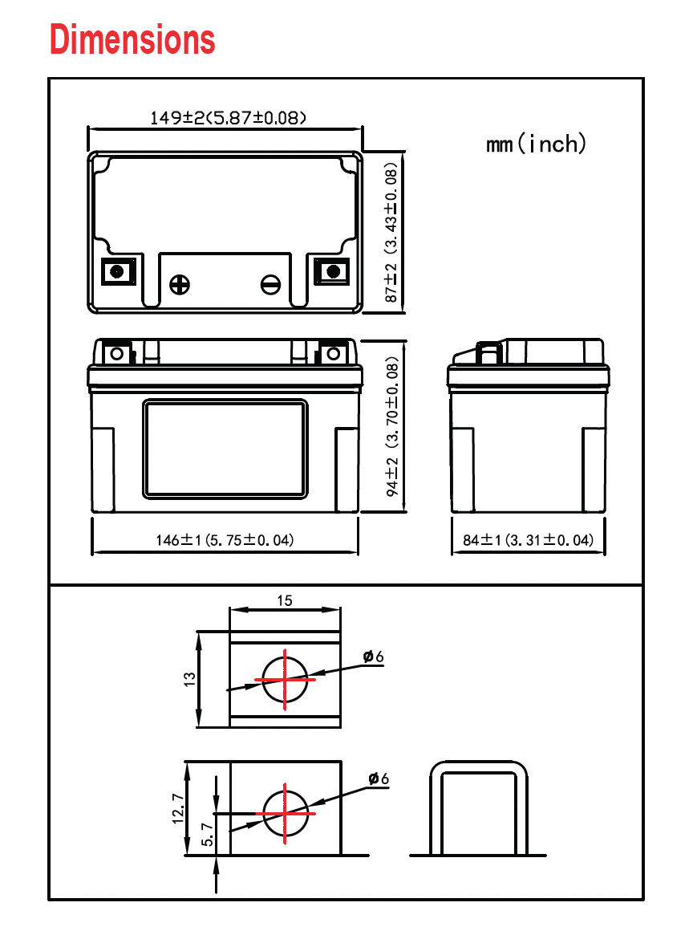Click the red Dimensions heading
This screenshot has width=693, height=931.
[x=132, y=39]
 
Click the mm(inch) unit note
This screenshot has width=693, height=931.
[x=536, y=144]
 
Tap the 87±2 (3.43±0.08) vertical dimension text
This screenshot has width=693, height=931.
[x=391, y=234]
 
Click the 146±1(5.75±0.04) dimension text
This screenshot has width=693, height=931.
[x=225, y=540]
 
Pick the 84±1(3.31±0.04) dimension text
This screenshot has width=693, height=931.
[x=528, y=540]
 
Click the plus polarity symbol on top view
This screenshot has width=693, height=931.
[x=180, y=283]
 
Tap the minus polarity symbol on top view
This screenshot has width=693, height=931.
[x=271, y=283]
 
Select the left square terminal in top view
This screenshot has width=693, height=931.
[x=117, y=270]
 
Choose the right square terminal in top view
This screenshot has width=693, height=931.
[x=331, y=270]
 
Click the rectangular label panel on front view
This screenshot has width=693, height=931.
[x=225, y=448]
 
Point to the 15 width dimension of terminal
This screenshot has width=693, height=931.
[x=285, y=600]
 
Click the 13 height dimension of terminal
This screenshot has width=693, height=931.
[x=189, y=679]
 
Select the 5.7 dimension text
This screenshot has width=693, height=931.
[x=207, y=834]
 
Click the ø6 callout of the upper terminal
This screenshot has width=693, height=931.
[x=373, y=657]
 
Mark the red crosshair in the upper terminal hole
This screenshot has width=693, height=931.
[x=285, y=679]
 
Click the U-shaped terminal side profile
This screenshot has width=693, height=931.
[x=479, y=807]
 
